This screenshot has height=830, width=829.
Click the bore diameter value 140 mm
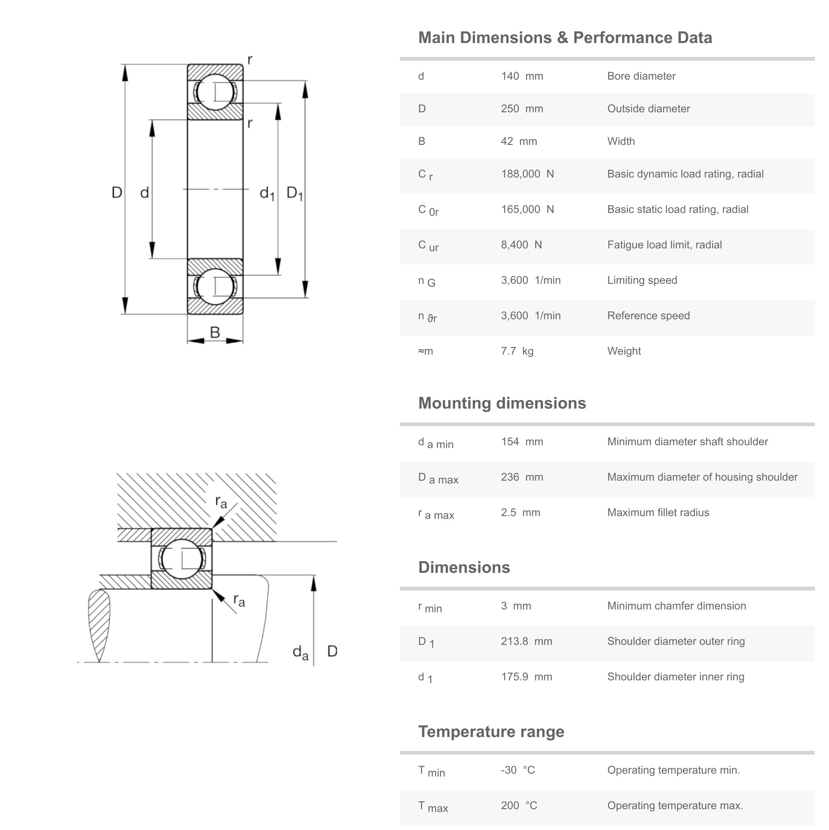point(521,76)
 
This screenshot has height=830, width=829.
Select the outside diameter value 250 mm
point(521,109)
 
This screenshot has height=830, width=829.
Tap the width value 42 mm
point(518,141)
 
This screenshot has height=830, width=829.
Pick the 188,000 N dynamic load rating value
point(527,174)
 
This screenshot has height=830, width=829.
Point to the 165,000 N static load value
point(527,209)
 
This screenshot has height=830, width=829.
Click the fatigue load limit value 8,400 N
point(521,245)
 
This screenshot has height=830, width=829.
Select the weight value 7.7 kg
point(517,351)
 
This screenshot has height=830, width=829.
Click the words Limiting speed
point(642,280)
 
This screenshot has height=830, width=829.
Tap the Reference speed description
point(648,316)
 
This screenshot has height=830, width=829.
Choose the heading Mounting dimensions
point(502,403)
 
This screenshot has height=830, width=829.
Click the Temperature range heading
point(491,731)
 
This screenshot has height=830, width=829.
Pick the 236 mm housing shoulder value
point(521,477)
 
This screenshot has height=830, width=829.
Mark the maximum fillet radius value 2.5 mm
point(520,512)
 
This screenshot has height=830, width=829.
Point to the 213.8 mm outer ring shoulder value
point(526,641)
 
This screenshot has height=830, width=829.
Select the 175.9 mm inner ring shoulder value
point(526,677)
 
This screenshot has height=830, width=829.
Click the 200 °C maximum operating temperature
point(519,805)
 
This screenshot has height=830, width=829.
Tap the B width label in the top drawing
point(215,332)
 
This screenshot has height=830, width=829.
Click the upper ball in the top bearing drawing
point(215,92)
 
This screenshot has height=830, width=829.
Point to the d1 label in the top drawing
point(267,193)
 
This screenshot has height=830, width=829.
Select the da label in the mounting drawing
point(300,652)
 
